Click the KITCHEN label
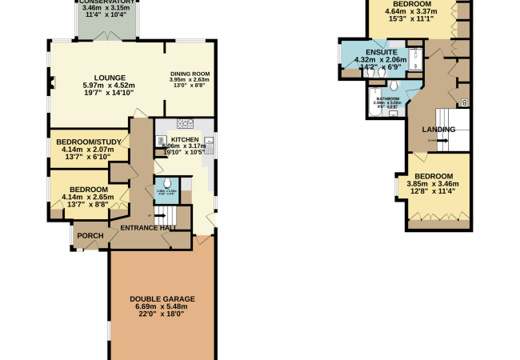pos(185,139)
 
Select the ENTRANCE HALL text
pos(149,229)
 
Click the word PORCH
pos(90,236)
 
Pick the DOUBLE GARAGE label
pos(162,299)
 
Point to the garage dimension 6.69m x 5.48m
pos(162,307)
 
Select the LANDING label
pos(439,130)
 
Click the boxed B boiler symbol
pos(465,102)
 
